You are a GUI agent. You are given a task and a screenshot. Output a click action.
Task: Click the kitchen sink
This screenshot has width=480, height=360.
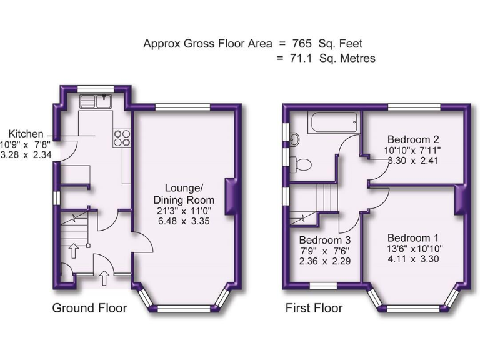[96, 100]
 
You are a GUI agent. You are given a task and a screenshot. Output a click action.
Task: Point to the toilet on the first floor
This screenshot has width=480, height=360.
[302, 164]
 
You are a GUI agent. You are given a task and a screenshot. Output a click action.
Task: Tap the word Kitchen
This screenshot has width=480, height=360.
[26, 134]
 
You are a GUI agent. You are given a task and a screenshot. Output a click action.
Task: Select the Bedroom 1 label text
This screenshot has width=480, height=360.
[412, 238]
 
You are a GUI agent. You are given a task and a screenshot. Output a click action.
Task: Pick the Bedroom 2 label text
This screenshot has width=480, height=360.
[412, 139]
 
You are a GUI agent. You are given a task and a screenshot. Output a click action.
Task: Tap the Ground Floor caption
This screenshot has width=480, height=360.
[89, 308]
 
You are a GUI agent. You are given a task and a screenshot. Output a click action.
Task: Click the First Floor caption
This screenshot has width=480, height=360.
[314, 308]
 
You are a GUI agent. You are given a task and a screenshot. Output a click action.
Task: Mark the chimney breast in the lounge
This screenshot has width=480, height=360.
[232, 196]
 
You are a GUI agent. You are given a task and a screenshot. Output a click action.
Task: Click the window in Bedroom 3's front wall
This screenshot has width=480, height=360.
[324, 286]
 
